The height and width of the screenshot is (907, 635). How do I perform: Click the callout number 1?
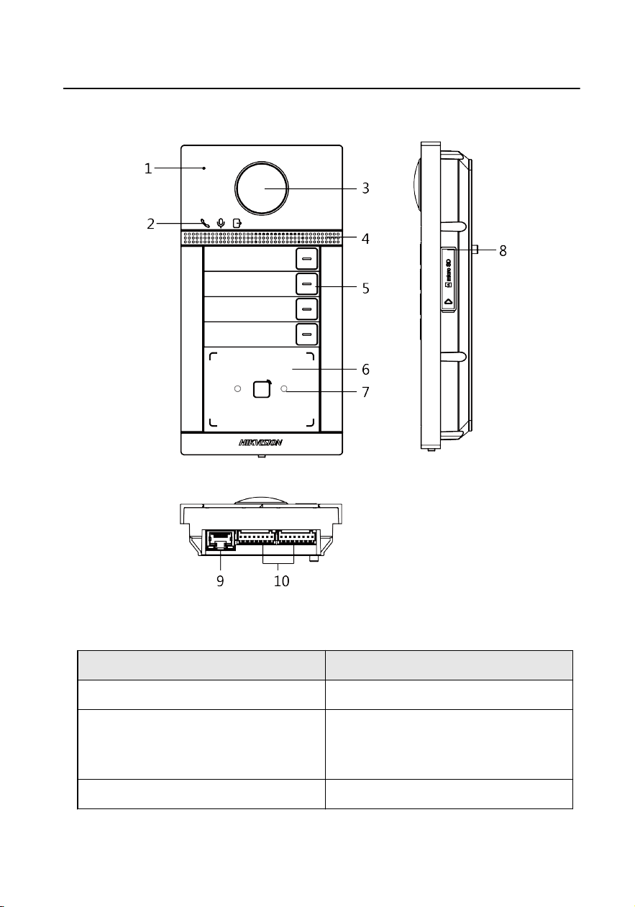pos(148,168)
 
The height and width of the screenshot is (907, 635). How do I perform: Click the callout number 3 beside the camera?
pos(365,188)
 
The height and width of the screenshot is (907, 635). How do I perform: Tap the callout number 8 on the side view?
pos(503,250)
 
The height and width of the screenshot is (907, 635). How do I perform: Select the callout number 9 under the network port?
pos(220,581)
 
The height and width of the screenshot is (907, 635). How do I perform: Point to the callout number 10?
pos(282,581)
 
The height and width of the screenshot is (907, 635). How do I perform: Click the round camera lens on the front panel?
pos(262,188)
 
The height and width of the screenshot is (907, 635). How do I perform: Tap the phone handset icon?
pos(205,223)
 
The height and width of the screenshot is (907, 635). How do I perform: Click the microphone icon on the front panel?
pos(221,223)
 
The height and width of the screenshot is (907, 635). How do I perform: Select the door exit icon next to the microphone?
pos(237,223)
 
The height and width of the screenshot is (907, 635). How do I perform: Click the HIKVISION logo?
pos(260,442)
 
